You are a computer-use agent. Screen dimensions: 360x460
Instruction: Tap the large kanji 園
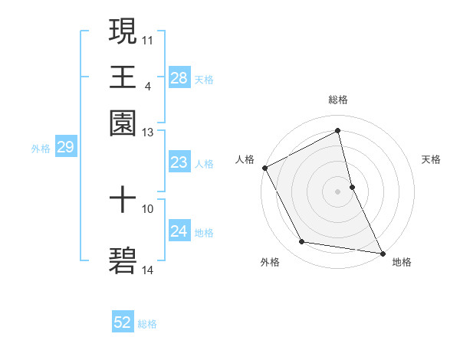tap(123, 123)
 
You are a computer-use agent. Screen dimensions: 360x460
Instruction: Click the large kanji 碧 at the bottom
tap(123, 260)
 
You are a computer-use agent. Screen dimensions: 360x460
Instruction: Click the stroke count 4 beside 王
tap(147, 86)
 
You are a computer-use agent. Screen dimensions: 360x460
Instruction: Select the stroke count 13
tap(148, 133)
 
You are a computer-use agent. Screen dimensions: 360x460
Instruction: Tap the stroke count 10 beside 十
tap(148, 208)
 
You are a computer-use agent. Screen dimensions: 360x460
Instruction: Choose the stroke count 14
tap(148, 270)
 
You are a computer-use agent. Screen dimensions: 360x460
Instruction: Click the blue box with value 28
tap(179, 77)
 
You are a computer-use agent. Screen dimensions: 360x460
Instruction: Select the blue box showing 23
tap(179, 162)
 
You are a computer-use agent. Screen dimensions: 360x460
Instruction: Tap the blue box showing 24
tap(179, 231)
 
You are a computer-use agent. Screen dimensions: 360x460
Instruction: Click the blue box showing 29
tap(65, 147)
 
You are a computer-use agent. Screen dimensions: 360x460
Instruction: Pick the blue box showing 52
tap(123, 323)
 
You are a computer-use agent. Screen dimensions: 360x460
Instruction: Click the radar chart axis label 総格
tap(338, 100)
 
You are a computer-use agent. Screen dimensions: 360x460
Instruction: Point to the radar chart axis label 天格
tap(432, 159)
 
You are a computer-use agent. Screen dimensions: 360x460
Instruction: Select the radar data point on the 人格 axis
tap(264, 168)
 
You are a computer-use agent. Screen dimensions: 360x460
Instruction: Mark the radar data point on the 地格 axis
tap(382, 253)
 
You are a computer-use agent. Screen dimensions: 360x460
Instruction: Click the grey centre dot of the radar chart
tap(338, 191)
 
